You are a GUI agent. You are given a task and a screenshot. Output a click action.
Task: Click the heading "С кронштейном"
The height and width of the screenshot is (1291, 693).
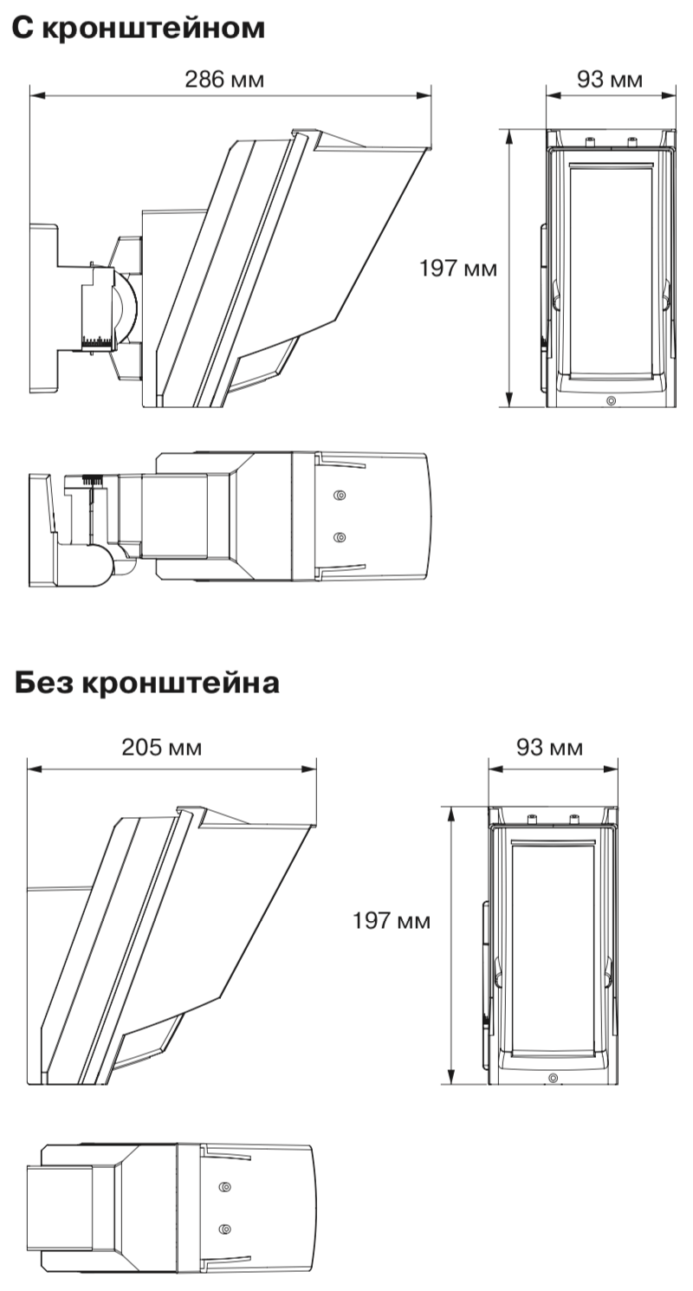pyautogui.click(x=138, y=28)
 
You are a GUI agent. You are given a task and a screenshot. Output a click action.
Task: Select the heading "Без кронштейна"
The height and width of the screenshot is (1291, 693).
pyautogui.click(x=147, y=682)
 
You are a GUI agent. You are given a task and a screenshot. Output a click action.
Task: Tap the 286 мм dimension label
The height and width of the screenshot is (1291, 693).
pyautogui.click(x=224, y=80)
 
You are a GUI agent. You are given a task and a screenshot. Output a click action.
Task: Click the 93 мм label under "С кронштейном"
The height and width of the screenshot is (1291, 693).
pyautogui.click(x=610, y=80)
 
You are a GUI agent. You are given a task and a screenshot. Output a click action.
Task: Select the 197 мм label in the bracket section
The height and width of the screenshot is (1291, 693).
pyautogui.click(x=458, y=268)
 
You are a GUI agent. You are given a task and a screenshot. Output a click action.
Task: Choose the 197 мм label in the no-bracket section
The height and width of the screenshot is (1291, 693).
pyautogui.click(x=391, y=920)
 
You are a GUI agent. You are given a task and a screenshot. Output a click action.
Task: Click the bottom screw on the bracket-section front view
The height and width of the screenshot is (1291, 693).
pyautogui.click(x=612, y=400)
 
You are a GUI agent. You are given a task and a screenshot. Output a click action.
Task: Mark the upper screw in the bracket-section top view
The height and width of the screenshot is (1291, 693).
pyautogui.click(x=340, y=496)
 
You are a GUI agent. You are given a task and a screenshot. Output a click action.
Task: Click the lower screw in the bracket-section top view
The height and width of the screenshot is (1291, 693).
pyautogui.click(x=340, y=538)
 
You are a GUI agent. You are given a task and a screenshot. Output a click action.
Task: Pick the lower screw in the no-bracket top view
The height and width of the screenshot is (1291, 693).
pyautogui.click(x=225, y=1228)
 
